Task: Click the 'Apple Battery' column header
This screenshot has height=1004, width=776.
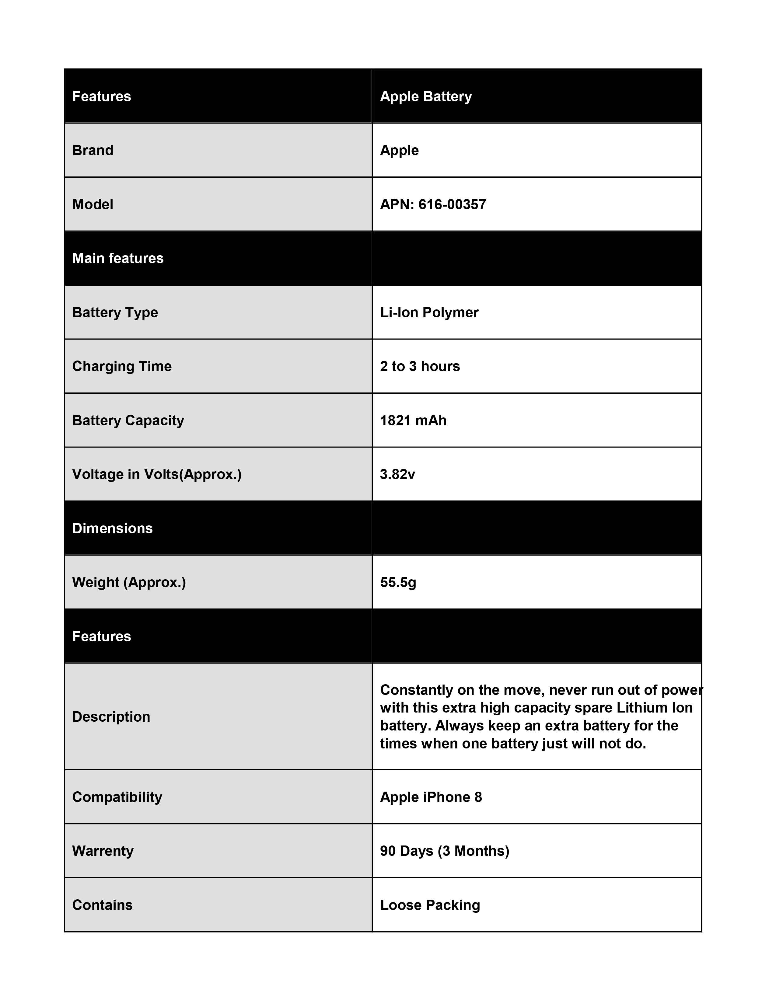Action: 426,96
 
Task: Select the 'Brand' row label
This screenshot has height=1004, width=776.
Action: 93,150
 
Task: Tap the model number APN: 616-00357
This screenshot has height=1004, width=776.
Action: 433,204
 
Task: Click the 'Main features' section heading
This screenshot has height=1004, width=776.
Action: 118,258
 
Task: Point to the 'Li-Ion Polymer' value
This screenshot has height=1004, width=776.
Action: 429,312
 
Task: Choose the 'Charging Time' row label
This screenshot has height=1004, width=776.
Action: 122,366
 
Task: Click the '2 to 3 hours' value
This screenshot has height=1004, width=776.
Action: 420,366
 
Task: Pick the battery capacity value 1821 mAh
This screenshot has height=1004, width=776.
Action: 413,421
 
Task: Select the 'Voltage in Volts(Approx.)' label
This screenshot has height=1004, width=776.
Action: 157,474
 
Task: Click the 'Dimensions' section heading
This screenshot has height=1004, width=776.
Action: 112,529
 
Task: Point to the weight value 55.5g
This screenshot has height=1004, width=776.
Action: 398,582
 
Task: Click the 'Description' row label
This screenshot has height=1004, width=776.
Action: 111,717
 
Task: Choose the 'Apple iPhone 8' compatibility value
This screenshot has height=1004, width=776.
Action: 431,797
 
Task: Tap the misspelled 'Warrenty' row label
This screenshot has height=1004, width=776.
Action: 103,851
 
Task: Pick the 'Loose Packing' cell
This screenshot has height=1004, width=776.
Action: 430,905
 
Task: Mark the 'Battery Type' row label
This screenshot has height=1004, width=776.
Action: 115,312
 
